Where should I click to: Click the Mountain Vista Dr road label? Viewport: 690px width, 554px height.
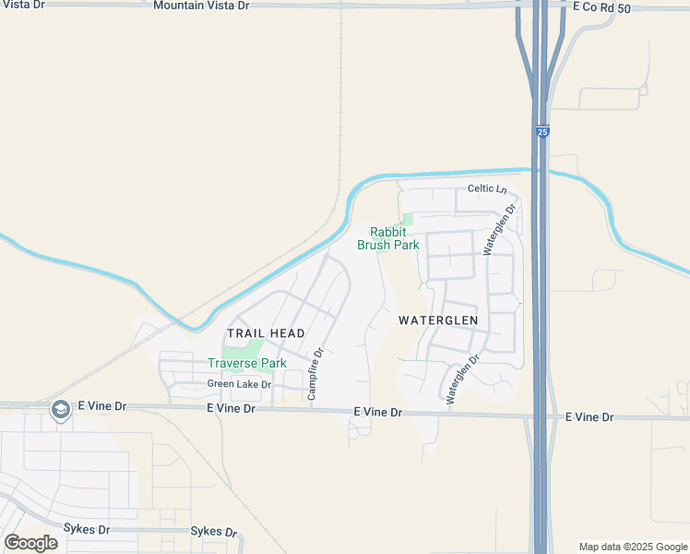[201, 6]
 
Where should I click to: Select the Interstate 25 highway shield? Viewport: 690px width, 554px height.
[542, 133]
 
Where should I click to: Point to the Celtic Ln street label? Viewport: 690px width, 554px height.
[488, 189]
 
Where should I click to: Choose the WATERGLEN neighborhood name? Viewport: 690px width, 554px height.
[438, 320]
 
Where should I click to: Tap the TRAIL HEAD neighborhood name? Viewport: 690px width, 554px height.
[266, 332]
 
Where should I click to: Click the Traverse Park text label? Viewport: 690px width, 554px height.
[247, 363]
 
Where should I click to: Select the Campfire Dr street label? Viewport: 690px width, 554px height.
[315, 374]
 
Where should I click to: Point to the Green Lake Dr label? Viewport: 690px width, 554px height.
[239, 384]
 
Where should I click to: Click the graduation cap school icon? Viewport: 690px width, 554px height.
[61, 409]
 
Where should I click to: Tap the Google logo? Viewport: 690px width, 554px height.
[30, 542]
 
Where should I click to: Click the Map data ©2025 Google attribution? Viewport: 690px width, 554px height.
[633, 547]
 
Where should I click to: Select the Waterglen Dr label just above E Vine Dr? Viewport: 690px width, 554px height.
[463, 380]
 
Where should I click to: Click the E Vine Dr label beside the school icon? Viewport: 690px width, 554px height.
[101, 405]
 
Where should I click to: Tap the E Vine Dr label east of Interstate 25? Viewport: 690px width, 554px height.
[589, 417]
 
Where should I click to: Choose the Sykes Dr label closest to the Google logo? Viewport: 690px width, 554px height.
[87, 529]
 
